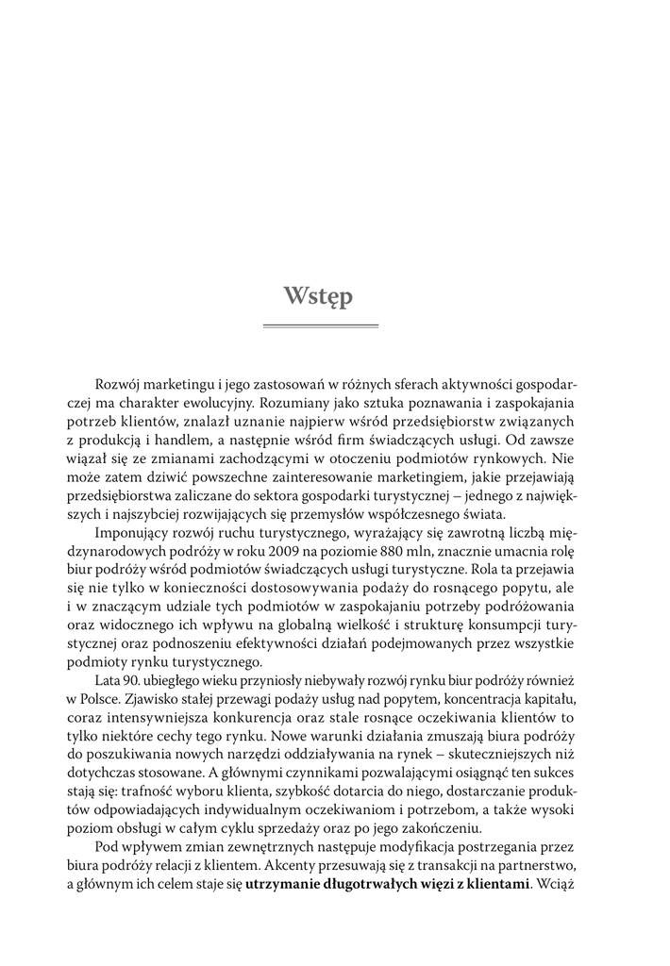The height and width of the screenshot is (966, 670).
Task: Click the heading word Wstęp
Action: [318, 296]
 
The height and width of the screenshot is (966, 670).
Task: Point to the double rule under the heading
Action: [319, 326]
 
